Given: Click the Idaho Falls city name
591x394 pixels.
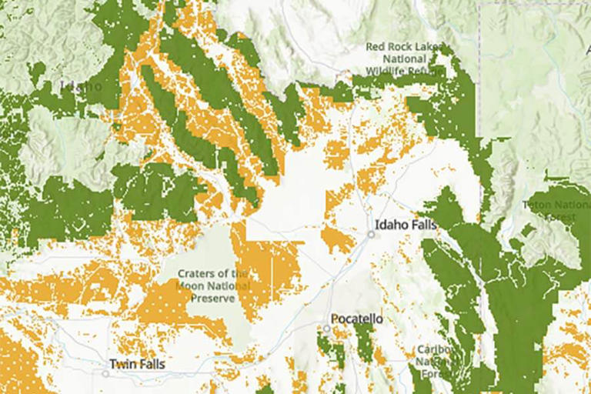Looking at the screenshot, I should [x=406, y=225].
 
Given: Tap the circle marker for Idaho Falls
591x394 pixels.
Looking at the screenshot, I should [x=369, y=235].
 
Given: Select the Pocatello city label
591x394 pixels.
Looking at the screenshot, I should [x=356, y=319].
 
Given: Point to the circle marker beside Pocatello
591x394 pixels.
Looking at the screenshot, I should [x=326, y=329].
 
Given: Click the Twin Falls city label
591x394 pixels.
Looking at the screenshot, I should [x=136, y=364].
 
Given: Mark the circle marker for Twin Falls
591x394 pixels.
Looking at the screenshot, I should [x=105, y=373].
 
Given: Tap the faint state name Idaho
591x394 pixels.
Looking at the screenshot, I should [x=80, y=86].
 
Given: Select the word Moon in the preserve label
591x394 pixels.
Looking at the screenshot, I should [x=189, y=285].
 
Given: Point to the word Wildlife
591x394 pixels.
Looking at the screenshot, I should [x=378, y=70].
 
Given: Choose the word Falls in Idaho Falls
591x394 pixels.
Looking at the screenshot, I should [x=422, y=225].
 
